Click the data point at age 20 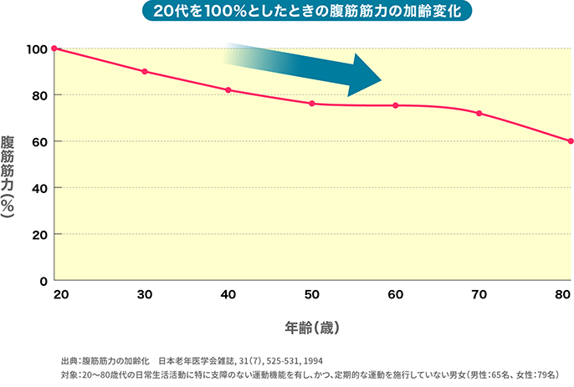(54, 48)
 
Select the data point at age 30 (145, 72)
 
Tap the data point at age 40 (228, 90)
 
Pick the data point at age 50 (311, 104)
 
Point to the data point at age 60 (395, 105)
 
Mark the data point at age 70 (479, 114)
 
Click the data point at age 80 (570, 141)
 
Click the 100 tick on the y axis (36, 48)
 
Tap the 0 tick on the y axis (43, 281)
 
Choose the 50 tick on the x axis (311, 295)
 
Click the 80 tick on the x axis (562, 295)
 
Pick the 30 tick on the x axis (145, 295)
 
